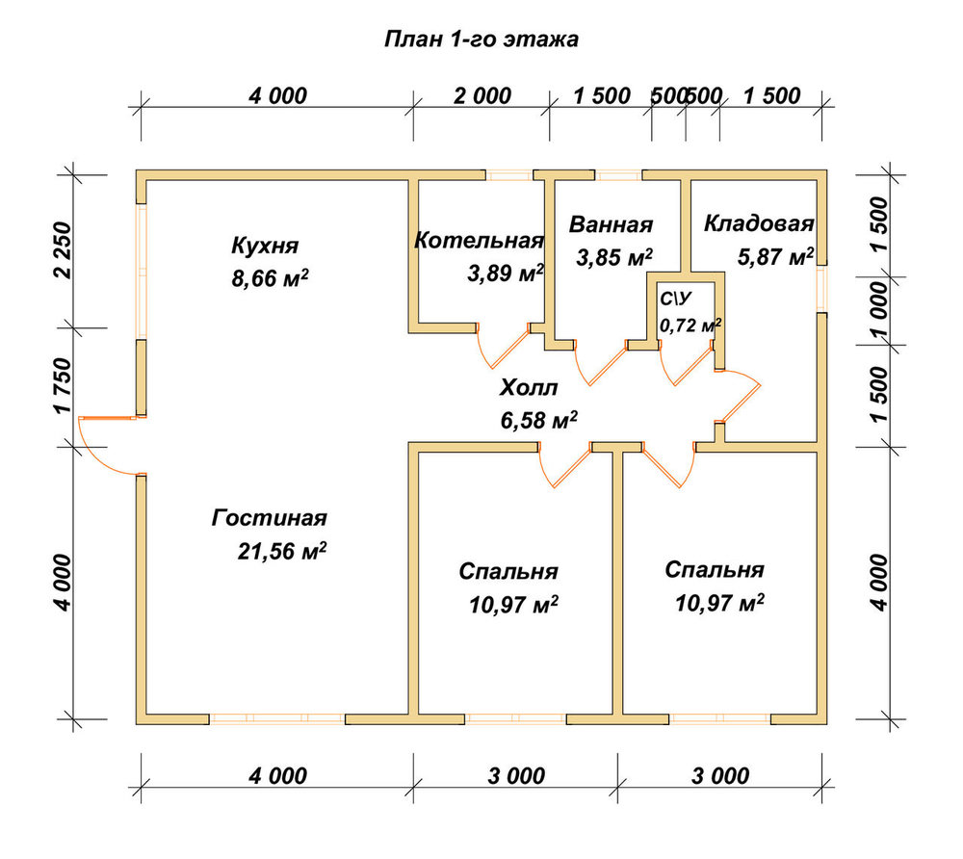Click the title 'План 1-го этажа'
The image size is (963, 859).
[481, 39]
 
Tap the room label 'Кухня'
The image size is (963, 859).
[265, 246]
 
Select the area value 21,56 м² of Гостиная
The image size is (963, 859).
[282, 551]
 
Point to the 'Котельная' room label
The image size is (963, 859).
[479, 240]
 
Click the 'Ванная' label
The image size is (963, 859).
[611, 224]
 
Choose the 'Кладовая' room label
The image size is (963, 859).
[759, 223]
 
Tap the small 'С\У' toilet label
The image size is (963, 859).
[675, 299]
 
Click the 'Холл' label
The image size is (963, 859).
[529, 388]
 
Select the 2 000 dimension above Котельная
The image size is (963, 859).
[482, 95]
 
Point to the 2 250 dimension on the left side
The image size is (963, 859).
[64, 250]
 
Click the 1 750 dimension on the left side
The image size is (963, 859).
[64, 385]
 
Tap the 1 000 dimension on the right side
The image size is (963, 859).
[879, 311]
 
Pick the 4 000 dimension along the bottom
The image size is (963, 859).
[277, 776]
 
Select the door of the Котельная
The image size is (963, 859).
[504, 347]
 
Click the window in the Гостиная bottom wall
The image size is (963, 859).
[277, 718]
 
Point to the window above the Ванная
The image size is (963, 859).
[618, 175]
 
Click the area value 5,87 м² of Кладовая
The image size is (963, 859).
[775, 257]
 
